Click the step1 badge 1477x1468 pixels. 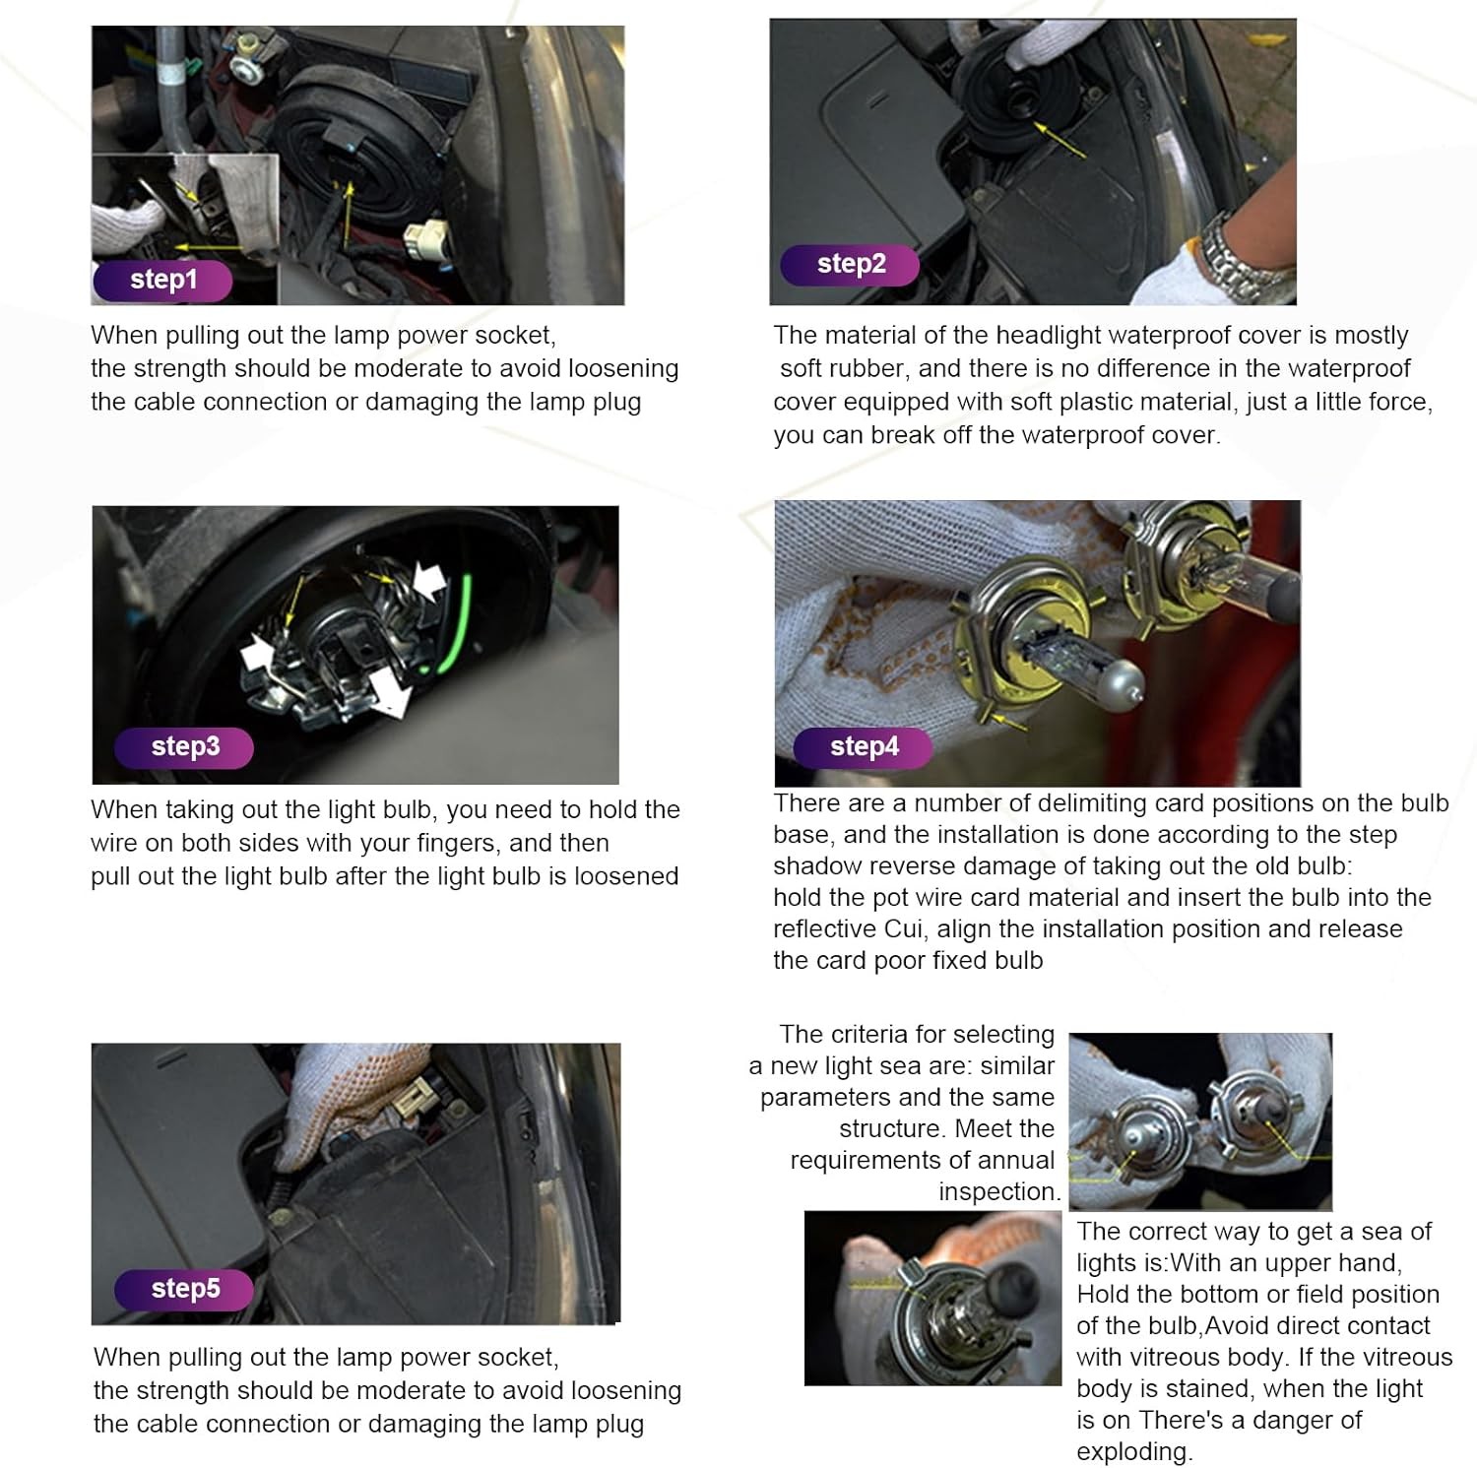click(162, 281)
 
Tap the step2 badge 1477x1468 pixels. click(850, 265)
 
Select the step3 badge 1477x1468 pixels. click(184, 747)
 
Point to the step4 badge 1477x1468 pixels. click(864, 747)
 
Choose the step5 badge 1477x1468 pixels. click(184, 1289)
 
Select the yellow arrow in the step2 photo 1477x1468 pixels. click(1059, 139)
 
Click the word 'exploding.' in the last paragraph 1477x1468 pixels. click(1134, 1451)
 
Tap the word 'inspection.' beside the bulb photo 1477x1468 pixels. click(999, 1191)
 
